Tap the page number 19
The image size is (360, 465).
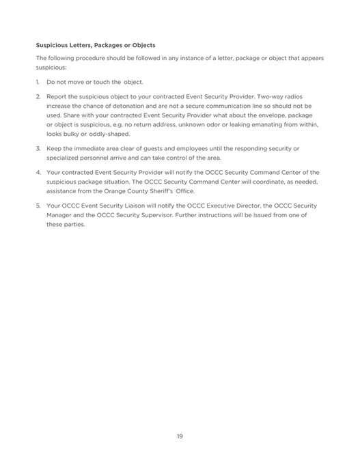coord(180,436)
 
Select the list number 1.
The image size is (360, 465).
coord(38,82)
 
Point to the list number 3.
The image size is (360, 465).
coord(38,148)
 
